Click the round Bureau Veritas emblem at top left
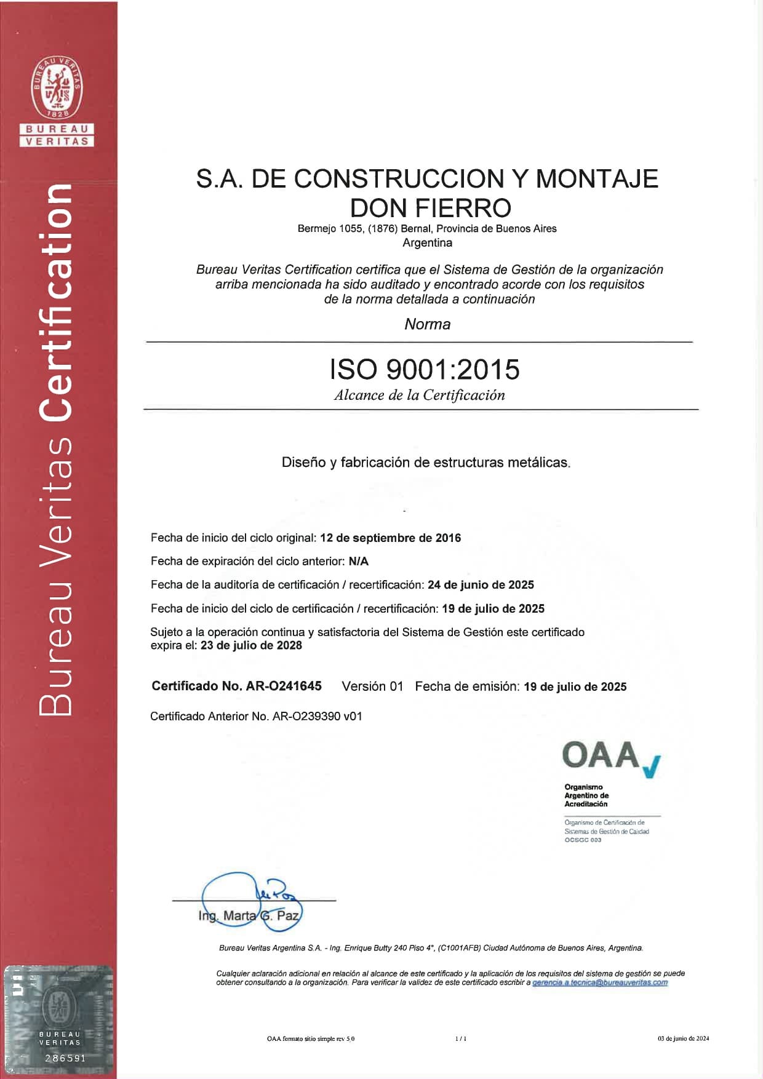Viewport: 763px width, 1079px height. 57,87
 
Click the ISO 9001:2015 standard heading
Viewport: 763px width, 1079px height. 425,369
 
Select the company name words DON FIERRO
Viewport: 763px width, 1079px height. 430,208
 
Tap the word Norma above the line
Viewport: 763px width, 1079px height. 427,324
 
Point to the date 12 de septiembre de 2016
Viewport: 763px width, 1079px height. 390,538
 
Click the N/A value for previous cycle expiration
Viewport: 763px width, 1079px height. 358,561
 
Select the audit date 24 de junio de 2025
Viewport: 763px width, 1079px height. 481,584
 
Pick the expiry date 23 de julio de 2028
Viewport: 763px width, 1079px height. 251,645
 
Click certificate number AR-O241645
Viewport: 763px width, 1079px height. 284,686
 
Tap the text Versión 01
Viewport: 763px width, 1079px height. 372,687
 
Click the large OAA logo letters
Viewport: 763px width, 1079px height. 601,755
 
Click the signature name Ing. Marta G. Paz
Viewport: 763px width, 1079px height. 249,915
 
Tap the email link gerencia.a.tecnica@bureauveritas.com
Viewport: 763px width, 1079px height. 600,982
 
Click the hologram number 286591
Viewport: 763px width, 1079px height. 65,1058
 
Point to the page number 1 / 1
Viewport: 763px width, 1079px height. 461,1038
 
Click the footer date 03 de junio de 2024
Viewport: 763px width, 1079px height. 683,1038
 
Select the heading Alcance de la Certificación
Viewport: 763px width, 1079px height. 419,396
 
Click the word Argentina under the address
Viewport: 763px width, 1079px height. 427,243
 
